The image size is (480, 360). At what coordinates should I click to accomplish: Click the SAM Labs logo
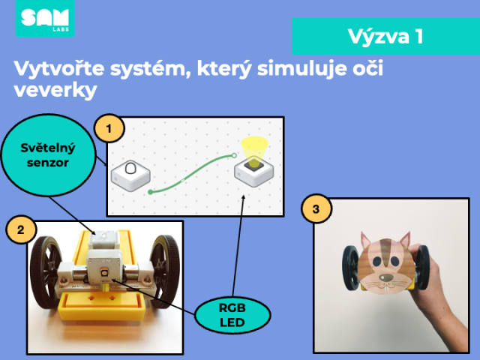point(45,18)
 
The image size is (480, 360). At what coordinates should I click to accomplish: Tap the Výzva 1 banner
point(385,36)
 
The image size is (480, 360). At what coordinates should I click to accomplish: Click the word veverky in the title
point(55,90)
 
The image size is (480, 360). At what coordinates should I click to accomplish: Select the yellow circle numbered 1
point(109,128)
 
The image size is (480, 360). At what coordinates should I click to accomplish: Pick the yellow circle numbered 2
point(21,229)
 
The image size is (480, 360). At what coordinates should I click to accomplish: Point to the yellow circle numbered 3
point(316,208)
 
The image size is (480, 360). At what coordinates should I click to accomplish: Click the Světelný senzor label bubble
point(48,155)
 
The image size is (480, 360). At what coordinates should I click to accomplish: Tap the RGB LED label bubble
point(232,315)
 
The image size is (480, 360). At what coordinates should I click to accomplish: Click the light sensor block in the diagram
point(130,175)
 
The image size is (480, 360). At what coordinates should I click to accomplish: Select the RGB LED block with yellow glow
point(253,171)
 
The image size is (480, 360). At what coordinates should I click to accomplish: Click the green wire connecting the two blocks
point(192,173)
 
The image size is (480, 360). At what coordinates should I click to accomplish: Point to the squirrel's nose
point(387,278)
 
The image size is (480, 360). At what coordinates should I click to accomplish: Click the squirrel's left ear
point(366,240)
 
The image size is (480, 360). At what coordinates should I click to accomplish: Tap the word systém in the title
point(150,69)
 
